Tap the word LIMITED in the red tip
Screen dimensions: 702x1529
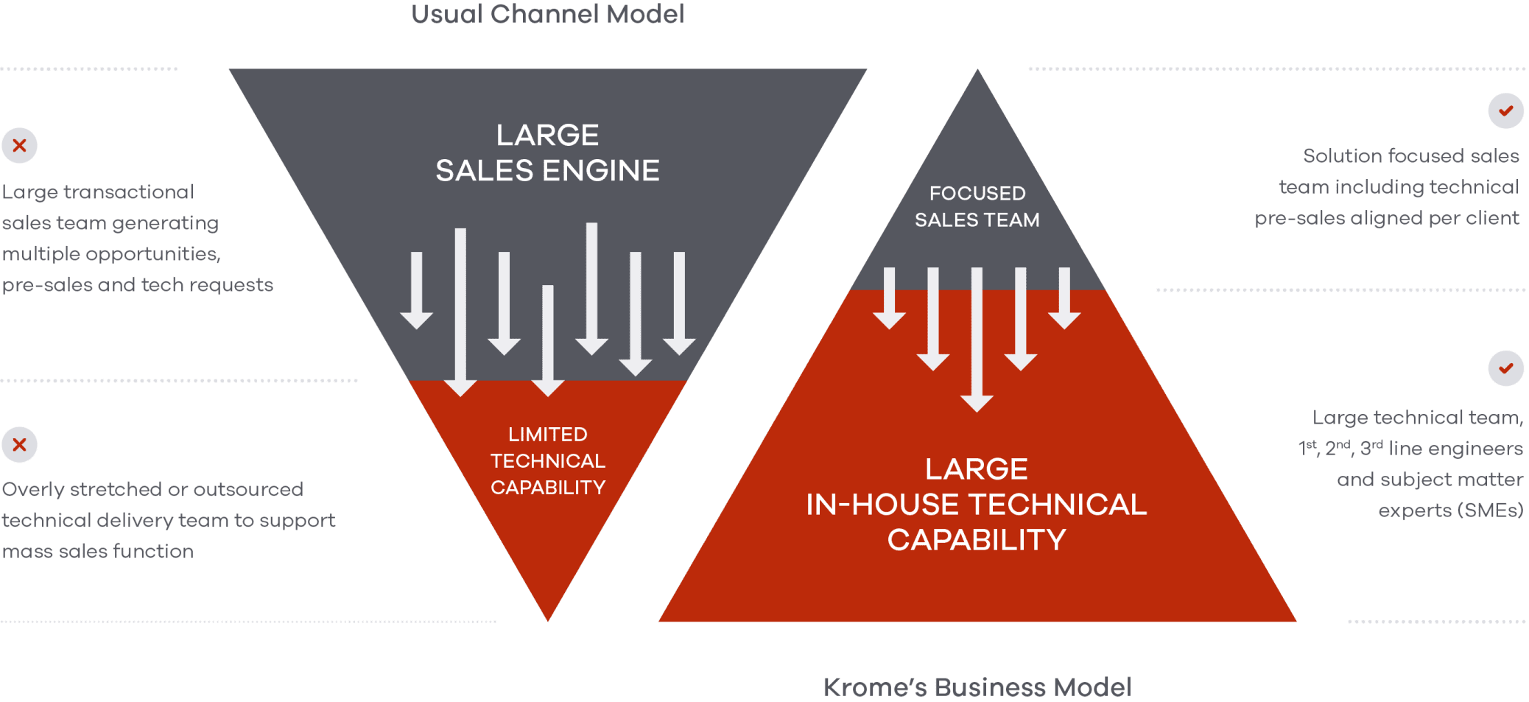[x=548, y=435]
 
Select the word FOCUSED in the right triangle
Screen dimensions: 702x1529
[x=977, y=193]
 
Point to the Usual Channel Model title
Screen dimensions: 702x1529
[x=548, y=14]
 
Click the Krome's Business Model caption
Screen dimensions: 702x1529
[x=977, y=687]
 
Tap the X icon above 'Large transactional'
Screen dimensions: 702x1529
[x=20, y=145]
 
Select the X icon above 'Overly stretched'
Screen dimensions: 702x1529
[x=20, y=445]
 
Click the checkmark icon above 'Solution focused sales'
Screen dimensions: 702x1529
[x=1505, y=111]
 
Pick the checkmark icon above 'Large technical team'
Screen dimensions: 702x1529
[x=1505, y=368]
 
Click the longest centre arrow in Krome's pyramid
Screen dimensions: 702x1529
[x=977, y=339]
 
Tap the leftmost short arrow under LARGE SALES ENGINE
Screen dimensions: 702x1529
[x=417, y=291]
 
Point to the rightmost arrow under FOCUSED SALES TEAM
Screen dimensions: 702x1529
[x=1064, y=298]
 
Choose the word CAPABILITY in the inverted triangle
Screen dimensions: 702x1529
[x=548, y=488]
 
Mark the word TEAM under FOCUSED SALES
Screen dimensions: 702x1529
[x=1014, y=220]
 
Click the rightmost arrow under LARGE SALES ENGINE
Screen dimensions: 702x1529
[x=679, y=302]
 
